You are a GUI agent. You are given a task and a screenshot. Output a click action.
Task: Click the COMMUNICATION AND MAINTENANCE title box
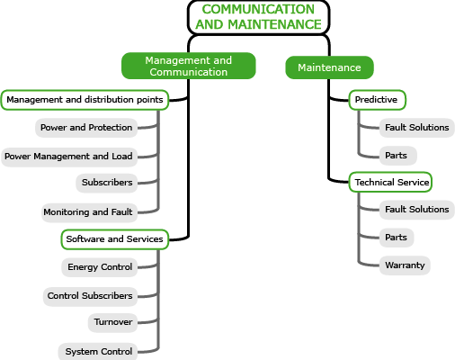(258, 17)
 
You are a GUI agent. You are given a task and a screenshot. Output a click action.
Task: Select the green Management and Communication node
(189, 66)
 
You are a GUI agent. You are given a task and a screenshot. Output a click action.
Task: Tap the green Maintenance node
(329, 67)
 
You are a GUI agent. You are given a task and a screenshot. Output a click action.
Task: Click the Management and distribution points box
(85, 100)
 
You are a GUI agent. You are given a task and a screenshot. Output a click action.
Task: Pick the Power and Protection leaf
(86, 128)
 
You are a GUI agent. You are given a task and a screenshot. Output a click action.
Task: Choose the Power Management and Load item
(69, 157)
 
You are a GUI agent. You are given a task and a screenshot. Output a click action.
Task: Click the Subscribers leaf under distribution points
(107, 183)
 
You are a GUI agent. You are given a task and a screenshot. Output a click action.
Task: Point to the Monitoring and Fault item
(89, 212)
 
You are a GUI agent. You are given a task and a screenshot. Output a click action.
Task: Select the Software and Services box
(115, 239)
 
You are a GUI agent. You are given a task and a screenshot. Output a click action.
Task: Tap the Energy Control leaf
(100, 267)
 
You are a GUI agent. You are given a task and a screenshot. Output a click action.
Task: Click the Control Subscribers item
(90, 296)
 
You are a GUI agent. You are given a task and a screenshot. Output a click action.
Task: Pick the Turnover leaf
(112, 322)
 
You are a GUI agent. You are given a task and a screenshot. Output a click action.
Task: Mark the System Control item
(98, 351)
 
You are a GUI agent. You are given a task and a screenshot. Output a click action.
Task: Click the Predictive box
(378, 100)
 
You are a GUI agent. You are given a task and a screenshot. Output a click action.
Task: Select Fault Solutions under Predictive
(417, 128)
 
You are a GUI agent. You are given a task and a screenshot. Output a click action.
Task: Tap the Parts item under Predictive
(398, 156)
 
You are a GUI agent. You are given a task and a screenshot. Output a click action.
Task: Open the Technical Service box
(390, 182)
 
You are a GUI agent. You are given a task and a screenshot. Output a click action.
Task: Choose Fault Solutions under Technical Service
(417, 210)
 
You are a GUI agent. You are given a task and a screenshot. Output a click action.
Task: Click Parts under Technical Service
(397, 238)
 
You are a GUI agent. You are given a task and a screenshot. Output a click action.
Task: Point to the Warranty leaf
(405, 265)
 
